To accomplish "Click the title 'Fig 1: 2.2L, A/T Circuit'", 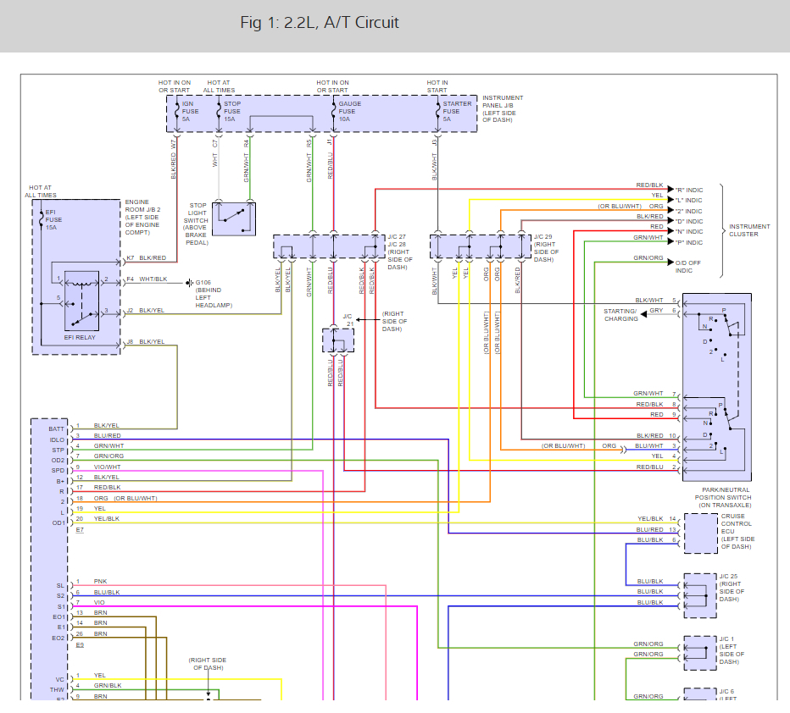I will (320, 23).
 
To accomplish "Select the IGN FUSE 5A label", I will (190, 111).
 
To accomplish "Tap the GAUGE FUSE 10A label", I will (349, 111).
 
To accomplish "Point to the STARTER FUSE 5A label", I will (456, 111).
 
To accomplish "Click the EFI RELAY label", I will (81, 338).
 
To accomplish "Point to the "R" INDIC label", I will (687, 190).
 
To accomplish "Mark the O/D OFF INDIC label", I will (689, 266).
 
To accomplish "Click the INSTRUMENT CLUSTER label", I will (749, 230).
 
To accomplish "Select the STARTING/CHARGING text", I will (620, 315).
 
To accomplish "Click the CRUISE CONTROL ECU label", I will (737, 532).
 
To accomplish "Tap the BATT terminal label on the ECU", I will (56, 429).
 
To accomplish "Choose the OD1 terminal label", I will (57, 522).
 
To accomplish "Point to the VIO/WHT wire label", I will (107, 467).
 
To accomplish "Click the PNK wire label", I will (100, 582).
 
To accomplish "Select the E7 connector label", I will (81, 529).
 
